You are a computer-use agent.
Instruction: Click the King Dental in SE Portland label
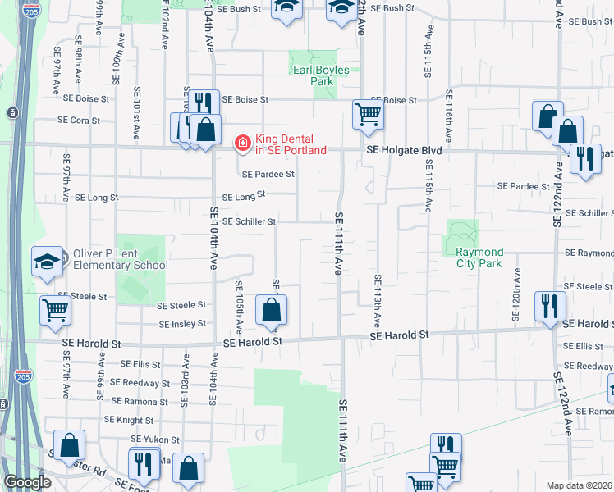click(x=291, y=144)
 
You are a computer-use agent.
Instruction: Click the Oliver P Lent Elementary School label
click(x=121, y=259)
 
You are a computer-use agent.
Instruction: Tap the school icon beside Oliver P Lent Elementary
click(x=48, y=262)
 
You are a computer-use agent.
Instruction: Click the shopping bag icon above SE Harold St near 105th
click(x=271, y=310)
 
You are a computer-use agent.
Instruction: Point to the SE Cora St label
click(x=79, y=120)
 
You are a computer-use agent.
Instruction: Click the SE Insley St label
click(x=181, y=324)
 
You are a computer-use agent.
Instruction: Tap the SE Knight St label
click(x=123, y=419)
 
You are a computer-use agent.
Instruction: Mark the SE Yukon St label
click(x=154, y=439)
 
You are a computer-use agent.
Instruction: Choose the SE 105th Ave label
click(x=239, y=307)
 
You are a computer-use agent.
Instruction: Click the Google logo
click(x=27, y=482)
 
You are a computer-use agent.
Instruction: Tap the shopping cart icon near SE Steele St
click(x=56, y=310)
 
